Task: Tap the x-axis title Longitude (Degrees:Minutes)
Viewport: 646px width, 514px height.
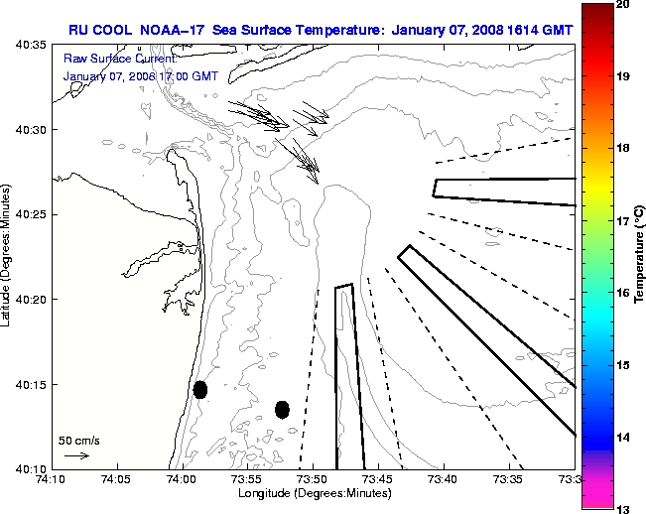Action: tap(312, 493)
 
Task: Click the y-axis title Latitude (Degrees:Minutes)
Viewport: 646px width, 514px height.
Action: tap(8, 256)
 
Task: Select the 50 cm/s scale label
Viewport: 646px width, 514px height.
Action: tap(78, 439)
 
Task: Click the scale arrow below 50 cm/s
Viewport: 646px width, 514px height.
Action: tap(76, 455)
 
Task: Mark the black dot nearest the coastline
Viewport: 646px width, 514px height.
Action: tap(200, 389)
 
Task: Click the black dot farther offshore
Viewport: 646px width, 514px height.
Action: tap(282, 409)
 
